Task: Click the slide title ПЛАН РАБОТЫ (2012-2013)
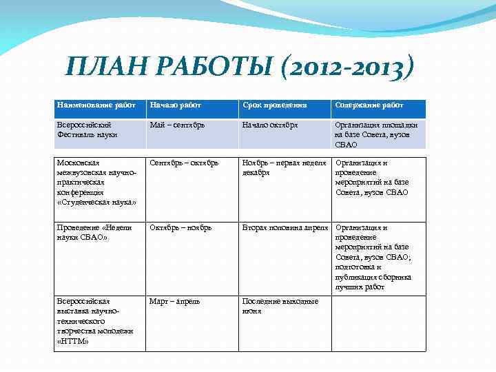click(x=239, y=67)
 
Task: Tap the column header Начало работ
click(x=176, y=105)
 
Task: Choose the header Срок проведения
click(x=274, y=105)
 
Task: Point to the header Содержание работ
click(x=369, y=105)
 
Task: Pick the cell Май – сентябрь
click(x=178, y=125)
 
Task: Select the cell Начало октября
click(x=270, y=125)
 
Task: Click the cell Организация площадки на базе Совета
click(x=375, y=134)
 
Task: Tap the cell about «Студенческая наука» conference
click(x=96, y=183)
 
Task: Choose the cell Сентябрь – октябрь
click(x=184, y=163)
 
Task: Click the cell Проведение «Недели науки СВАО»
click(x=92, y=232)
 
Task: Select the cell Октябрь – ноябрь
click(x=180, y=228)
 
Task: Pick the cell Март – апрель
click(x=175, y=302)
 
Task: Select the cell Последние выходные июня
click(x=280, y=306)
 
